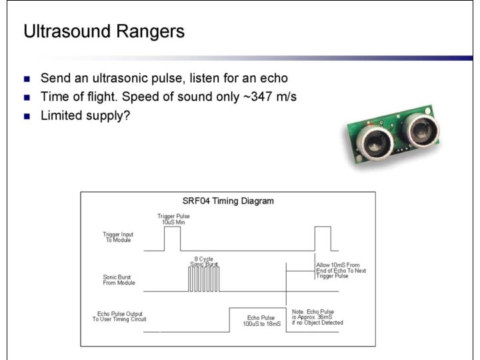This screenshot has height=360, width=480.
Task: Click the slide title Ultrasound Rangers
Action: pyautogui.click(x=103, y=32)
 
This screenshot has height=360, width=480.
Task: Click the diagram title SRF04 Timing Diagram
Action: pyautogui.click(x=228, y=201)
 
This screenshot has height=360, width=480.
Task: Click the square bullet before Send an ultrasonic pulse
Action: pyautogui.click(x=27, y=79)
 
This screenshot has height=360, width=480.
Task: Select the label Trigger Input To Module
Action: pyautogui.click(x=118, y=237)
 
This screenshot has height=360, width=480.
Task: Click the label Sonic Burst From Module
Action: pyautogui.click(x=119, y=279)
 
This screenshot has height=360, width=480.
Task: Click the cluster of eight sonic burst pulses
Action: pyautogui.click(x=203, y=279)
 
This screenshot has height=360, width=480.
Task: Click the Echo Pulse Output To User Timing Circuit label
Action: pyautogui.click(x=119, y=316)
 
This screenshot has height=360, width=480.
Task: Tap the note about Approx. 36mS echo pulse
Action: pyautogui.click(x=317, y=317)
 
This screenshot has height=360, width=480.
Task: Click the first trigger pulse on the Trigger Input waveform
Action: pyautogui.click(x=172, y=239)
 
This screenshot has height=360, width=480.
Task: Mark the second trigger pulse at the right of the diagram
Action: pyautogui.click(x=323, y=238)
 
